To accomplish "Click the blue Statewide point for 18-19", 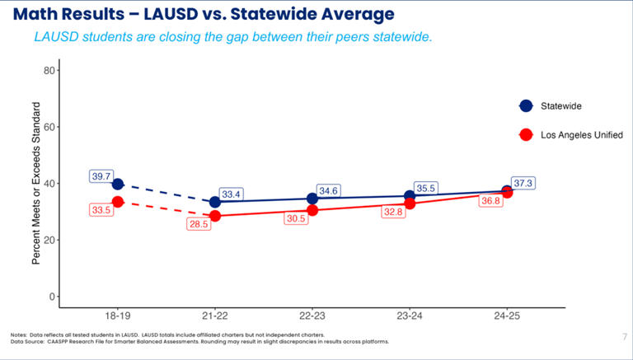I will point(118,185).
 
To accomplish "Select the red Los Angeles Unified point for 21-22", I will point(215,216).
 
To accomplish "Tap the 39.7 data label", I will point(101,176).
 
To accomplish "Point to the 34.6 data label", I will point(328,191).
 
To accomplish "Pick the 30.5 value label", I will point(297,218).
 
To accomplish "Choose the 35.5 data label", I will point(425,188).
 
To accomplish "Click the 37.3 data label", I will point(523,183).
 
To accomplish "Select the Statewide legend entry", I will point(560,106).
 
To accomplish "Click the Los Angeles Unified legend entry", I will point(581,134).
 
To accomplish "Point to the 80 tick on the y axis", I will point(49,71).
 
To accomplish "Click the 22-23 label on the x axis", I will point(312,316).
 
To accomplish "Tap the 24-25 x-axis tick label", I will point(508,316).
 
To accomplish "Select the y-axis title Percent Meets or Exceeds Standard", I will point(36,183).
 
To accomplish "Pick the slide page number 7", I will point(624,336).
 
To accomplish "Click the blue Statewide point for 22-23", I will point(312,199).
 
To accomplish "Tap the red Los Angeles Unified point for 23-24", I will point(410,203).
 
